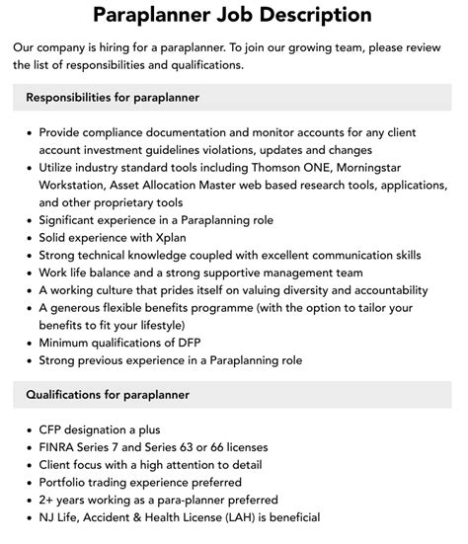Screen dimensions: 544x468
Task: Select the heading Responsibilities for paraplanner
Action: pos(113,98)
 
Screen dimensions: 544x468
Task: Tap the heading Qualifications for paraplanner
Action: pos(108,395)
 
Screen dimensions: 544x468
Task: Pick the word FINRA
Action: pos(60,446)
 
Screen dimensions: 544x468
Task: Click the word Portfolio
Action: pos(67,482)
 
